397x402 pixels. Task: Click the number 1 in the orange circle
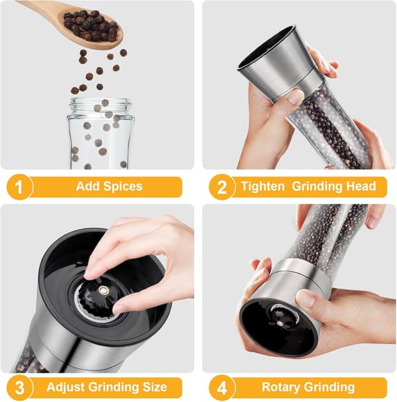point(19,187)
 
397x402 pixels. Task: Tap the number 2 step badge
point(222,187)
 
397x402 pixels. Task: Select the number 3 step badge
point(19,387)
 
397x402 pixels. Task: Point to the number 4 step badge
point(222,387)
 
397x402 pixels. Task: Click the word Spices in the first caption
point(122,186)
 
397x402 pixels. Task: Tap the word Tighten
point(263,186)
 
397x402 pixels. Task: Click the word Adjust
point(66,387)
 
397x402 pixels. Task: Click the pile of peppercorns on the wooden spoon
point(91,25)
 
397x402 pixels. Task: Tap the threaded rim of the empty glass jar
point(101,105)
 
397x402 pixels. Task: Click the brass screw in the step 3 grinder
point(104,290)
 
